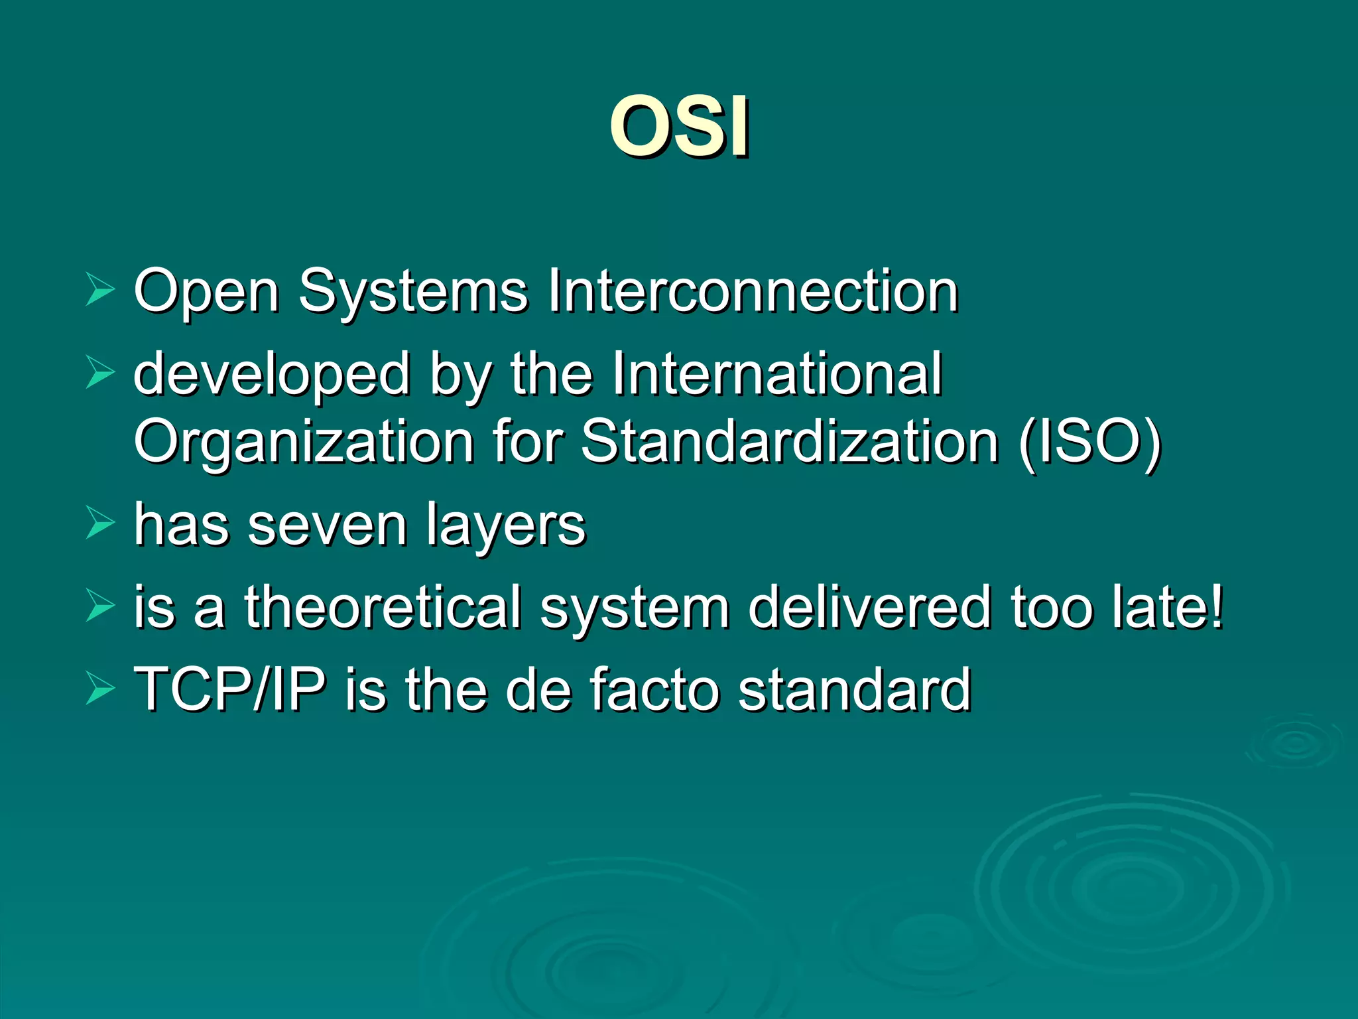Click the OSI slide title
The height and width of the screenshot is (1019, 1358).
(680, 126)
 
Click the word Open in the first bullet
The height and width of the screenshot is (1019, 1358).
(206, 292)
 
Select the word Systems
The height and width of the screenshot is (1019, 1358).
(412, 292)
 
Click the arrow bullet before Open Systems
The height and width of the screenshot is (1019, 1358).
(100, 291)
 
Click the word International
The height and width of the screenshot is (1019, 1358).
(776, 374)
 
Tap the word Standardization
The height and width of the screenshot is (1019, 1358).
(789, 441)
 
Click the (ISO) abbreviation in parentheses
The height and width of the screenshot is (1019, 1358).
(1091, 442)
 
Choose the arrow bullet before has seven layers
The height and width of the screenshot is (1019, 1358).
(100, 523)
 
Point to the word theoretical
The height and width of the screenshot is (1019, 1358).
(383, 606)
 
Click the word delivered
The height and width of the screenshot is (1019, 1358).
(869, 606)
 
